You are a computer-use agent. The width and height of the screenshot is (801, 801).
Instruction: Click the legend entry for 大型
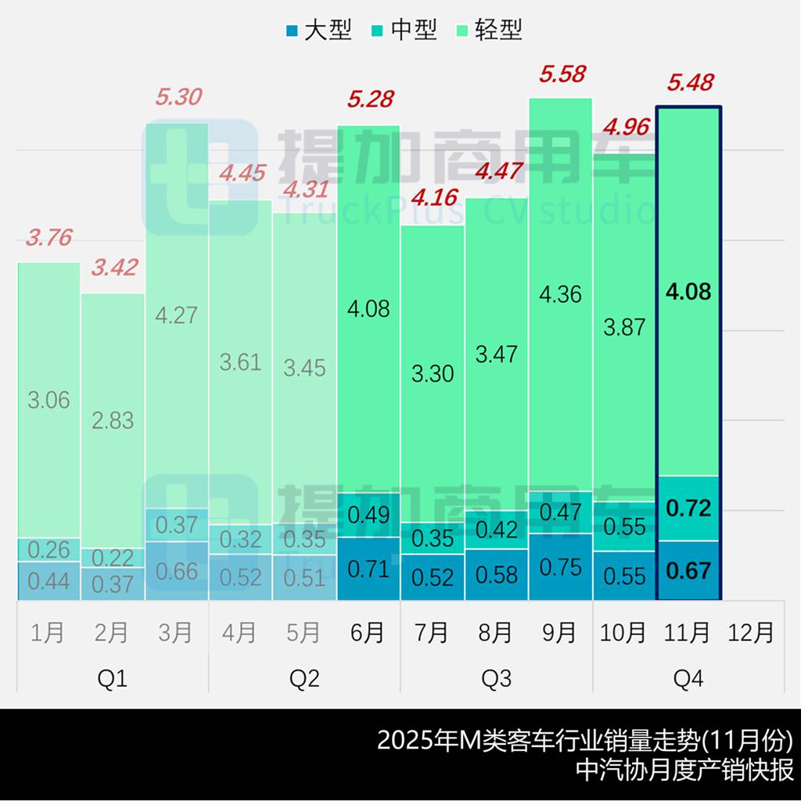pyautogui.click(x=320, y=31)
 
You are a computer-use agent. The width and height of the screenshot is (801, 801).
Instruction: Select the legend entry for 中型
pyautogui.click(x=405, y=31)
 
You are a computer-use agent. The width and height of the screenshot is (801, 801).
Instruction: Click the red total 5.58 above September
pyautogui.click(x=562, y=74)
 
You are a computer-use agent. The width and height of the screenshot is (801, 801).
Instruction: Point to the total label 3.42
pyautogui.click(x=114, y=268)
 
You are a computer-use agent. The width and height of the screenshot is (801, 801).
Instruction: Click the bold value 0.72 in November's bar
pyautogui.click(x=688, y=508)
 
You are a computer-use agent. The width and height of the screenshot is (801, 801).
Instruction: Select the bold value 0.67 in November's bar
pyautogui.click(x=688, y=571)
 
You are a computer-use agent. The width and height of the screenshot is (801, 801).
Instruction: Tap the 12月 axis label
pyautogui.click(x=751, y=632)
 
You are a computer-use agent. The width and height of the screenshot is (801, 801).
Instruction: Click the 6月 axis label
pyautogui.click(x=368, y=632)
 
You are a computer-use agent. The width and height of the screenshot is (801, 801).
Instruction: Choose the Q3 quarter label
pyautogui.click(x=496, y=679)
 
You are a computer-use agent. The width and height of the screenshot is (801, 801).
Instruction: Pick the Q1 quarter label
pyautogui.click(x=112, y=679)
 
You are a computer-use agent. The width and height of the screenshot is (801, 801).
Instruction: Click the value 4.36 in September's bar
pyautogui.click(x=560, y=294)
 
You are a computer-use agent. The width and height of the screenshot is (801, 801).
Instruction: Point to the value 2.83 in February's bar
pyautogui.click(x=112, y=421)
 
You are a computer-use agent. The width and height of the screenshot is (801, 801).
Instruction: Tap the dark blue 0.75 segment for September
pyautogui.click(x=560, y=567)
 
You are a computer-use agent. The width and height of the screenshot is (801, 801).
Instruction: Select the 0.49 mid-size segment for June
pyautogui.click(x=368, y=515)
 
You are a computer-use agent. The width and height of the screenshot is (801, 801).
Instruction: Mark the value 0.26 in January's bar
pyautogui.click(x=48, y=549)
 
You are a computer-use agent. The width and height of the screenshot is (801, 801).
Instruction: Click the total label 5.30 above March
pyautogui.click(x=178, y=98)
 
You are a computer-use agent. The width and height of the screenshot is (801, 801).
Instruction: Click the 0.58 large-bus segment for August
pyautogui.click(x=496, y=575)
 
